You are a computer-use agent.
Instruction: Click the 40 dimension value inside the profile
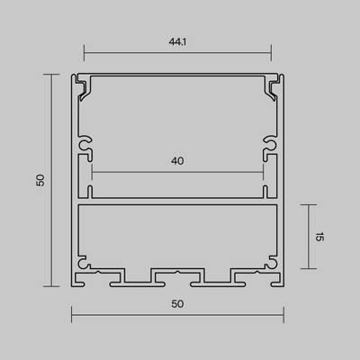176,161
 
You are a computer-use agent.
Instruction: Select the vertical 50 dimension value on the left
40,181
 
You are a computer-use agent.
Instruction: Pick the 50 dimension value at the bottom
176,303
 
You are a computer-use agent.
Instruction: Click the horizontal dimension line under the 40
176,171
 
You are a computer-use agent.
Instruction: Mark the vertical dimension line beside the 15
310,236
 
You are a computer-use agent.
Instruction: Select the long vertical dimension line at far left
51,181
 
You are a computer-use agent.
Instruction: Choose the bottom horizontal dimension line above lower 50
176,315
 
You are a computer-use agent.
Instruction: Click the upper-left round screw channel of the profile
85,144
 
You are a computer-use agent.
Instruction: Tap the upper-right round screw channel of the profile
268,144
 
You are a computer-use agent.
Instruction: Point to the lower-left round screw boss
85,265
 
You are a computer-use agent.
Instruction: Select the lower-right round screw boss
268,265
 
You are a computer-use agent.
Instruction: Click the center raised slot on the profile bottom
176,273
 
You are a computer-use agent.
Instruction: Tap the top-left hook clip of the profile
85,87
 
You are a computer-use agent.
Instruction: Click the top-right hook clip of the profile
268,87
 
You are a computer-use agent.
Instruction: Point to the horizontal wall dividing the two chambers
176,201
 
